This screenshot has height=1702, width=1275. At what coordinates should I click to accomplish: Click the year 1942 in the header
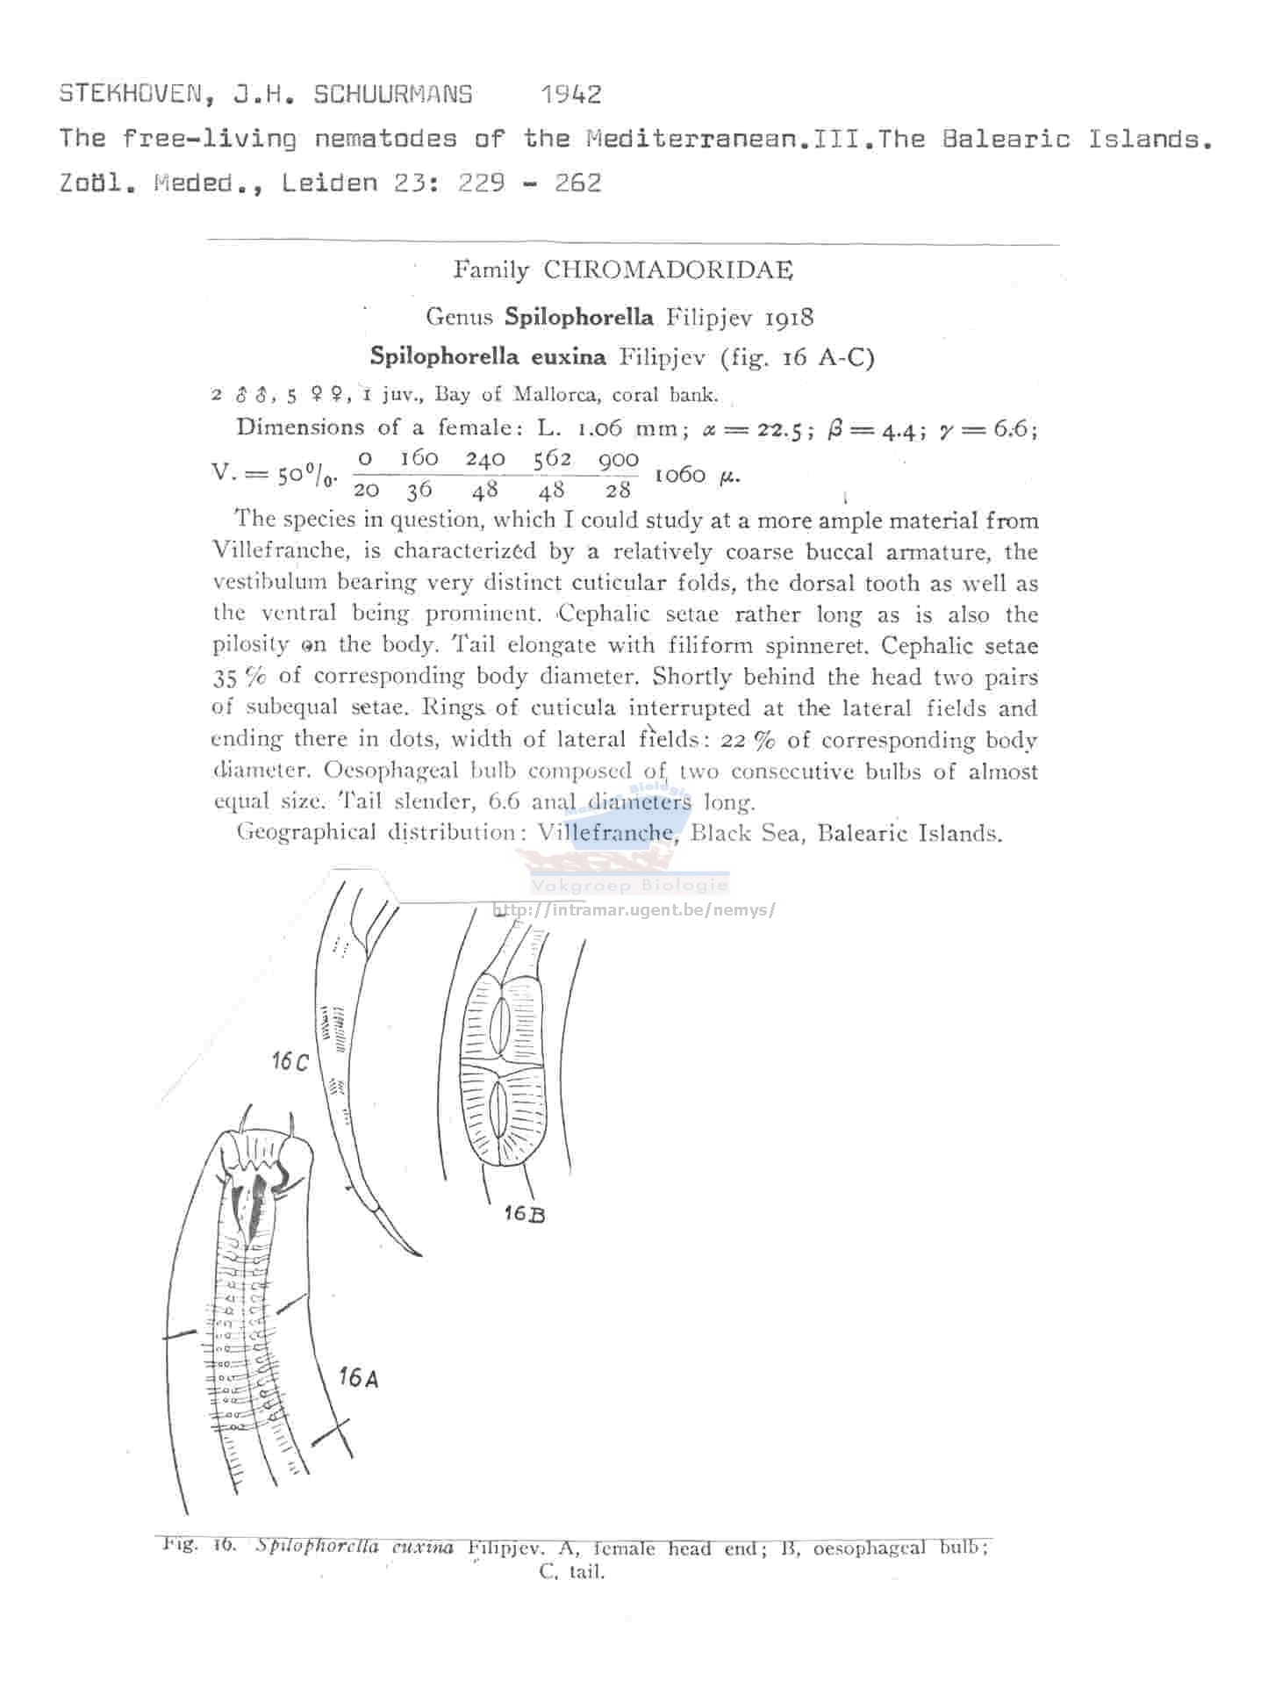point(571,94)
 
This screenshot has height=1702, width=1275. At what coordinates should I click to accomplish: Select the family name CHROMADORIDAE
point(668,270)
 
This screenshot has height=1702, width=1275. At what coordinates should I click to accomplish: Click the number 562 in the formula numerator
point(553,458)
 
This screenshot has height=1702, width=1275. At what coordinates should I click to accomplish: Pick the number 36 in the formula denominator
point(419,490)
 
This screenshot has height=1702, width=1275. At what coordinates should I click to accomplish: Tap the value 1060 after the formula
point(680,475)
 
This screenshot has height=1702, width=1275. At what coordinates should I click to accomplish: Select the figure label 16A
point(359,1377)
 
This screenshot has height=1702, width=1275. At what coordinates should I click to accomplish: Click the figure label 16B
point(525,1213)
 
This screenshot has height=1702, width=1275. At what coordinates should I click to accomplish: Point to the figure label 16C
point(290,1061)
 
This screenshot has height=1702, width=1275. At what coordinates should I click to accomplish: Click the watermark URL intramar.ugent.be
point(634,909)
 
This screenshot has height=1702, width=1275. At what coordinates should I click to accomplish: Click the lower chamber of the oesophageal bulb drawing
point(498,1108)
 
